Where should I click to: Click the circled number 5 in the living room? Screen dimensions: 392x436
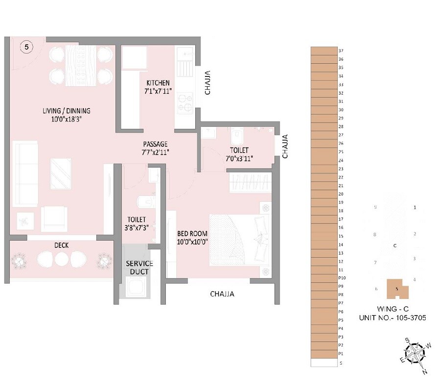click(x=27, y=47)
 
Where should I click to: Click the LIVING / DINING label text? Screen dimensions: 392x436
click(x=67, y=111)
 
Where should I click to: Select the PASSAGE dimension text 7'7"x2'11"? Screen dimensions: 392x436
click(x=156, y=153)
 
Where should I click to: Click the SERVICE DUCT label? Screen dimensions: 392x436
click(x=139, y=268)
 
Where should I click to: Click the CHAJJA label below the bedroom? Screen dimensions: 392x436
click(x=222, y=294)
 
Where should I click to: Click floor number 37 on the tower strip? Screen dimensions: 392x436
click(x=341, y=50)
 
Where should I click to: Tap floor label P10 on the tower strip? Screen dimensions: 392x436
click(x=342, y=278)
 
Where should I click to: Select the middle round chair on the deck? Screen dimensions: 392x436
click(x=61, y=258)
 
